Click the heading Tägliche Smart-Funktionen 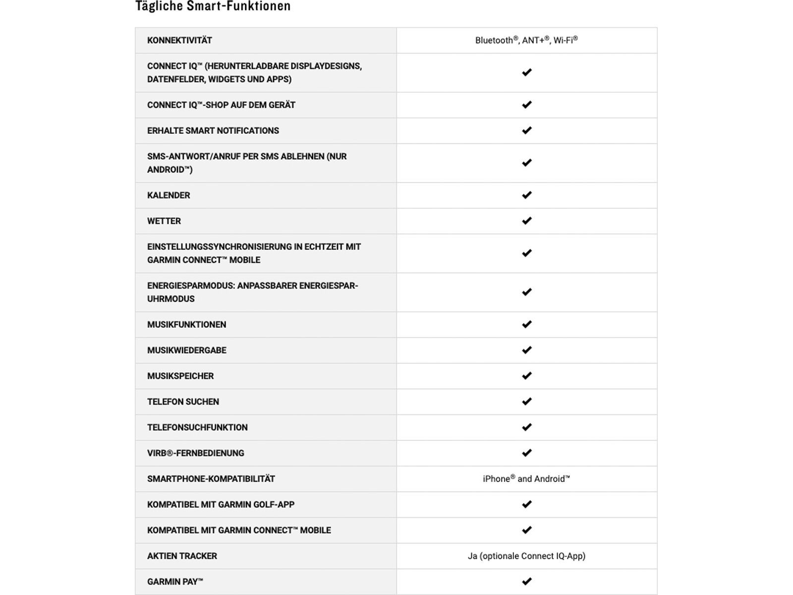[x=213, y=6]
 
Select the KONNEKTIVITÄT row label [x=179, y=41]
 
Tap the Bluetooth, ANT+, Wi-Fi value [x=526, y=40]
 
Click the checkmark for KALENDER [x=526, y=195]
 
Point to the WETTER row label [x=164, y=221]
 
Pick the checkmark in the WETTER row [x=526, y=221]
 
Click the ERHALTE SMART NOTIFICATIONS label [x=213, y=131]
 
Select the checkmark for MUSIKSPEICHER [x=526, y=375]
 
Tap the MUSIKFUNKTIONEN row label [x=186, y=325]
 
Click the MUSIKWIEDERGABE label [x=187, y=351]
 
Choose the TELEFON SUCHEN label [x=183, y=402]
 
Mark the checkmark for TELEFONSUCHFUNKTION [x=526, y=427]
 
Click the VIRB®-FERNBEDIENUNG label [x=196, y=453]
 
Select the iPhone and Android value [x=526, y=479]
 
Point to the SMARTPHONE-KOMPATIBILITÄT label [x=211, y=479]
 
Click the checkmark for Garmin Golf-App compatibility [x=526, y=504]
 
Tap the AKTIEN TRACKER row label [x=182, y=556]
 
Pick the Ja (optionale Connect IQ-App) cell [x=526, y=556]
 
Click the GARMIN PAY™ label [x=175, y=582]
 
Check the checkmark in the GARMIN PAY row [x=526, y=581]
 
